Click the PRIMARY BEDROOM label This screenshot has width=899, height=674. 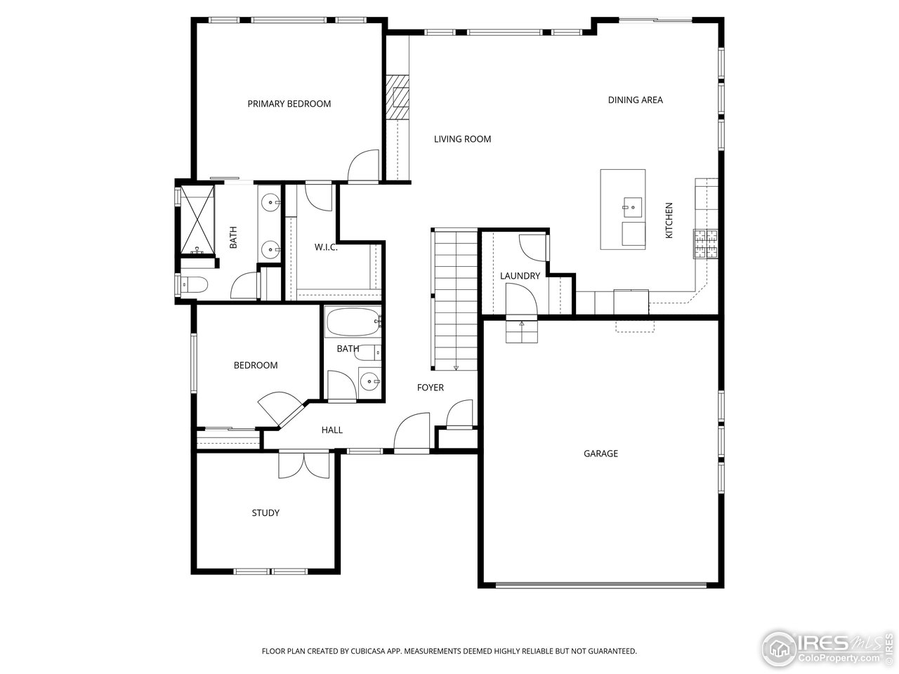(x=289, y=104)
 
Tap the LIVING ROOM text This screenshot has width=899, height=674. (x=462, y=139)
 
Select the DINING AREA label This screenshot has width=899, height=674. (x=635, y=100)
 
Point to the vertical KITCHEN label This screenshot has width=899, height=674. (x=669, y=220)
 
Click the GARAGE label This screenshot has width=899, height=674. (x=601, y=454)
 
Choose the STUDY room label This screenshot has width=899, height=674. (x=265, y=513)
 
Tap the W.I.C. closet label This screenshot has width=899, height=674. (x=326, y=247)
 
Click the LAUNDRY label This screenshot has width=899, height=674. (x=520, y=276)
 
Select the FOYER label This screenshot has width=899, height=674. (x=430, y=388)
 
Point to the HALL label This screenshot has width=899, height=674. (x=332, y=430)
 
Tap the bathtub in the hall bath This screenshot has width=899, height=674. (x=353, y=323)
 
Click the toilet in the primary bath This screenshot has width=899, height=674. (x=192, y=285)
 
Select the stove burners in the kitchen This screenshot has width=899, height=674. (x=706, y=243)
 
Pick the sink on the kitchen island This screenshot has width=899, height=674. (x=632, y=206)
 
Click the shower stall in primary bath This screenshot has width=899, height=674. (x=196, y=219)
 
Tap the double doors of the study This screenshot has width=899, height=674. (x=303, y=465)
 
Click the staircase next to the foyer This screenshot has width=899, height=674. (x=455, y=300)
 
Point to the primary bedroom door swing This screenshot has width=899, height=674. (x=364, y=166)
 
